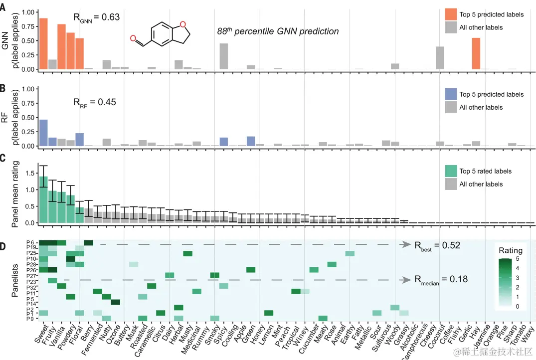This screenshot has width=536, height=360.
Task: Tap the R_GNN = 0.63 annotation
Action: click(97, 17)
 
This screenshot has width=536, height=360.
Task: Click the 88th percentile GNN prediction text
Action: click(278, 31)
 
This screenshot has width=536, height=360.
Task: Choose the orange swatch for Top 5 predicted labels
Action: click(451, 14)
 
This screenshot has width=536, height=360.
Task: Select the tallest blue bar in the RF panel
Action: click(43, 133)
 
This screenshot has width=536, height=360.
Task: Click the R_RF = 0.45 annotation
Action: click(94, 102)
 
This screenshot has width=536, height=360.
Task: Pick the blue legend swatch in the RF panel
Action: click(451, 94)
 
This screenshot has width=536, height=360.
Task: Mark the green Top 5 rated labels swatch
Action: click(451, 171)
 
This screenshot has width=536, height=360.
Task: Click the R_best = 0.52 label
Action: click(437, 245)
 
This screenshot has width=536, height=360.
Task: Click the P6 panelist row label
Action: click(30, 242)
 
